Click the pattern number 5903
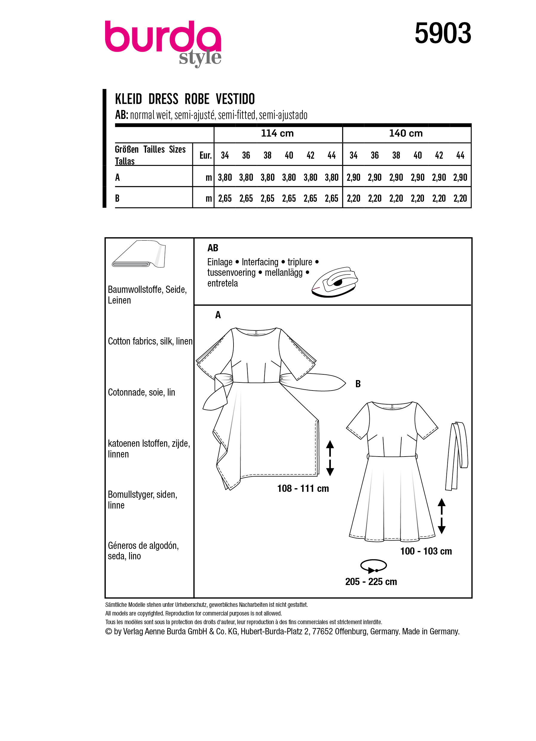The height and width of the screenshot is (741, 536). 443,33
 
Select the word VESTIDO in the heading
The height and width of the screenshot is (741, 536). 235,99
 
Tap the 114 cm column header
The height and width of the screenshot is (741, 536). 277,133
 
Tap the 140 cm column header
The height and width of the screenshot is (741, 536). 406,133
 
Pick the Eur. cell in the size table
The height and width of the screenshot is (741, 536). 205,155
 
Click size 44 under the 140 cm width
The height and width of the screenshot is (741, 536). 460,155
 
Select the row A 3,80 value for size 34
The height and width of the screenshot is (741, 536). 225,177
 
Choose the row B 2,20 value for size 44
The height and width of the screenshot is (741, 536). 460,198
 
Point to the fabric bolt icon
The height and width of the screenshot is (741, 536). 139,255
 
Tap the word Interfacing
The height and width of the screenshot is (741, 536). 260,262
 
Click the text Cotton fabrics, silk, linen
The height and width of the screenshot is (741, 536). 150,341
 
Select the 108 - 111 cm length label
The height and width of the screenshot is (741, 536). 303,489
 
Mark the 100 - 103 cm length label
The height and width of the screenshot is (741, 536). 426,551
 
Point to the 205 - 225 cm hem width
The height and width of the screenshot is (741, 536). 371,581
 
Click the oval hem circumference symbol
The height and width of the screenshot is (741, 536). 374,566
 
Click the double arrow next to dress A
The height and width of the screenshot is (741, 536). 330,458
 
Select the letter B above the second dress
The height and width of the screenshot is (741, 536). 358,384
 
